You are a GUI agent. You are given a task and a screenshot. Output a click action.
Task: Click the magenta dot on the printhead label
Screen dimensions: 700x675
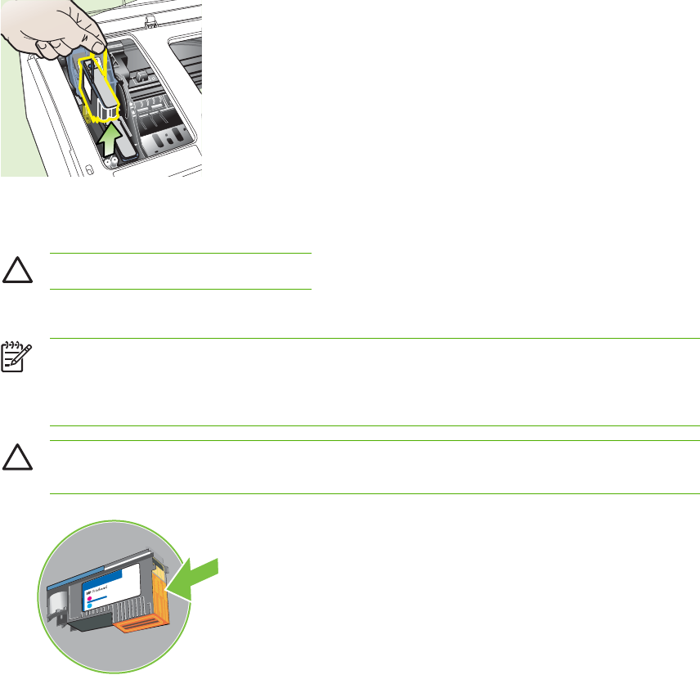[x=89, y=599]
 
